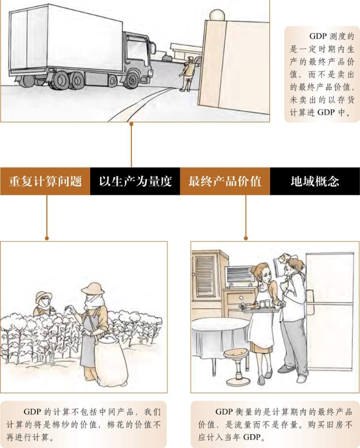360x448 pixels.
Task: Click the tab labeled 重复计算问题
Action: pos(45,181)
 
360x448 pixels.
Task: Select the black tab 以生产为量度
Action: pos(135,181)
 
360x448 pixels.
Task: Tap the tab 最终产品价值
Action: pos(225,181)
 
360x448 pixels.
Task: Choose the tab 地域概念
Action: pos(315,181)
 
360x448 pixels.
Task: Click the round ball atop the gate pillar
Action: pos(216,15)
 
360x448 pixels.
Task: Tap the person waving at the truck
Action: pos(188,74)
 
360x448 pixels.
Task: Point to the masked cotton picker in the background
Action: pos(43,303)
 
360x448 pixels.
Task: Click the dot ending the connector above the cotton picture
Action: pos(47,238)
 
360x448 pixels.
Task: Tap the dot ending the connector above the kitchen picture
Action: pos(246,238)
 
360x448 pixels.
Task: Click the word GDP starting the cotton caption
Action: pos(32,412)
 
